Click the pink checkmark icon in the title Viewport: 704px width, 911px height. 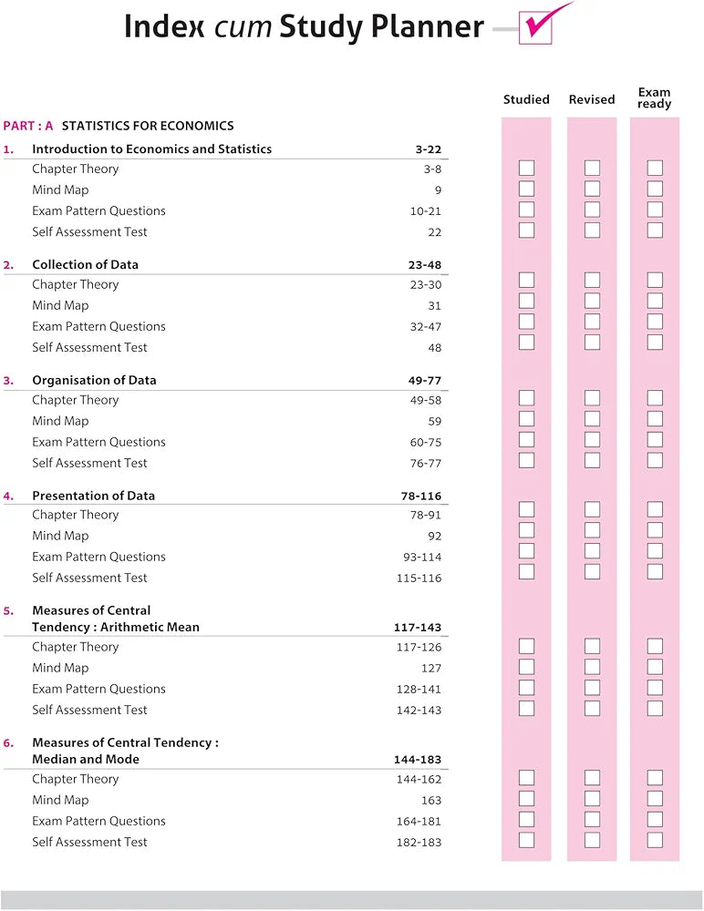tap(538, 25)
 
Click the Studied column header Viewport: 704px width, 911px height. tap(526, 99)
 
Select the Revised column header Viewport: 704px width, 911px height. tap(592, 99)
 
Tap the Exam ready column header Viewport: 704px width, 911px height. tap(655, 98)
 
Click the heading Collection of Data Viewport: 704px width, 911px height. tap(85, 265)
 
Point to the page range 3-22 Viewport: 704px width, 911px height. tap(428, 149)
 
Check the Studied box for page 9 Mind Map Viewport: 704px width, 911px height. tap(526, 189)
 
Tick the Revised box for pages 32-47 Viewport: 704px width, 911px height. tap(592, 322)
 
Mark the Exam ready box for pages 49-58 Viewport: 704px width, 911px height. tap(655, 397)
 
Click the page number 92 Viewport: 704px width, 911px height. tap(434, 537)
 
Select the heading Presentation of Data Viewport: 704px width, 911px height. tap(93, 496)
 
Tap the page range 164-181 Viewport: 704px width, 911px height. tap(419, 822)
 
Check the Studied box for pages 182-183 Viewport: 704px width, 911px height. tap(526, 840)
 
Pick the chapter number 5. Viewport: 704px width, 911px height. tap(8, 611)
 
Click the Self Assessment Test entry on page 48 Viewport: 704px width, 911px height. tap(89, 347)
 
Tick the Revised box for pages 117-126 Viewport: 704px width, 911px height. tap(592, 646)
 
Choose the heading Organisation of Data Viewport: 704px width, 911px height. tap(94, 381)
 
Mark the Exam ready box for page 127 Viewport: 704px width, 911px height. tap(655, 667)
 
